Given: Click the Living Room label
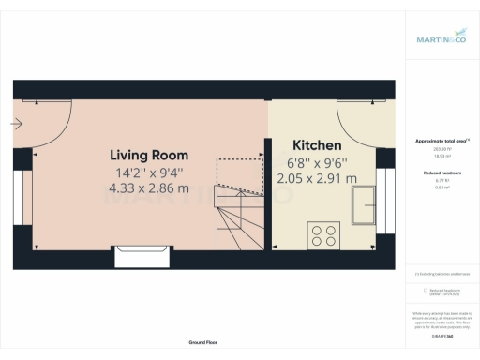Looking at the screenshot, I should (149, 155).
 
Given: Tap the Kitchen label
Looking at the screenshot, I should (317, 147).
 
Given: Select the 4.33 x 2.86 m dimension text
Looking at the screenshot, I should (149, 187).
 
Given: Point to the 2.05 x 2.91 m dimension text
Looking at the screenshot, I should (324, 178).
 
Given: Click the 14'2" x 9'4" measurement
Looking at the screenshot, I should (149, 172).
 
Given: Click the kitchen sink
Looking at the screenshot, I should (364, 204).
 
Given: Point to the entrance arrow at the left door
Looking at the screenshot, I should (18, 123).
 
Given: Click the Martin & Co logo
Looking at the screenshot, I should (442, 38).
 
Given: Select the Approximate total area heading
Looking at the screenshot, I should (442, 142).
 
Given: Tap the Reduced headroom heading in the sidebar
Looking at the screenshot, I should (442, 173).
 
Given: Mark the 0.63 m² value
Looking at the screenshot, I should (442, 187).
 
